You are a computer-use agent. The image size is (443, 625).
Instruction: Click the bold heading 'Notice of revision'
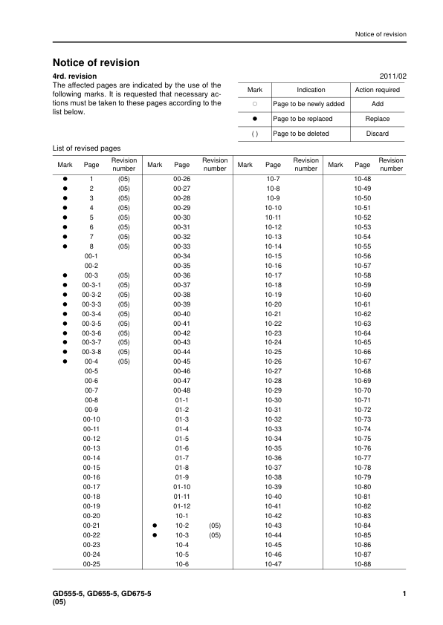pyautogui.click(x=96, y=63)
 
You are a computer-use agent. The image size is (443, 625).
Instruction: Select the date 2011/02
pyautogui.click(x=392, y=76)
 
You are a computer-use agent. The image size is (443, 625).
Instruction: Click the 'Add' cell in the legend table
pyautogui.click(x=378, y=104)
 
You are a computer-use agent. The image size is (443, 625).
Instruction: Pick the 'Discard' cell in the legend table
pyautogui.click(x=378, y=134)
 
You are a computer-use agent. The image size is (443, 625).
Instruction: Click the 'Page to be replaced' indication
pyautogui.click(x=303, y=119)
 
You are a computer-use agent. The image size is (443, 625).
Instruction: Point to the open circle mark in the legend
pyautogui.click(x=254, y=104)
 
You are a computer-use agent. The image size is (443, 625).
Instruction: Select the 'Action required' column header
pyautogui.click(x=378, y=90)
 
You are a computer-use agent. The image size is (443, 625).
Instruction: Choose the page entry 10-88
pyautogui.click(x=363, y=564)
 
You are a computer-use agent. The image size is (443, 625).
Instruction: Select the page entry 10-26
pyautogui.click(x=273, y=361)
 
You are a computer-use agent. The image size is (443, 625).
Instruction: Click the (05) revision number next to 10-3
pyautogui.click(x=215, y=535)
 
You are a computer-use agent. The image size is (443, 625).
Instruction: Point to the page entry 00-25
pyautogui.click(x=91, y=564)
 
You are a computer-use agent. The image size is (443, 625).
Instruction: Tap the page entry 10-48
pyautogui.click(x=363, y=179)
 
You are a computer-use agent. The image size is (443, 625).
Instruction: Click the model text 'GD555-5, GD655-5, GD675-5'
pyautogui.click(x=102, y=593)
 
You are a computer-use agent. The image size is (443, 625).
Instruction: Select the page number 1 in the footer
pyautogui.click(x=403, y=593)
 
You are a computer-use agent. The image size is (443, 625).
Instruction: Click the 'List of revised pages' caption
pyautogui.click(x=86, y=148)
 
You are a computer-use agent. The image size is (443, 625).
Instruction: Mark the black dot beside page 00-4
pyautogui.click(x=65, y=361)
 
